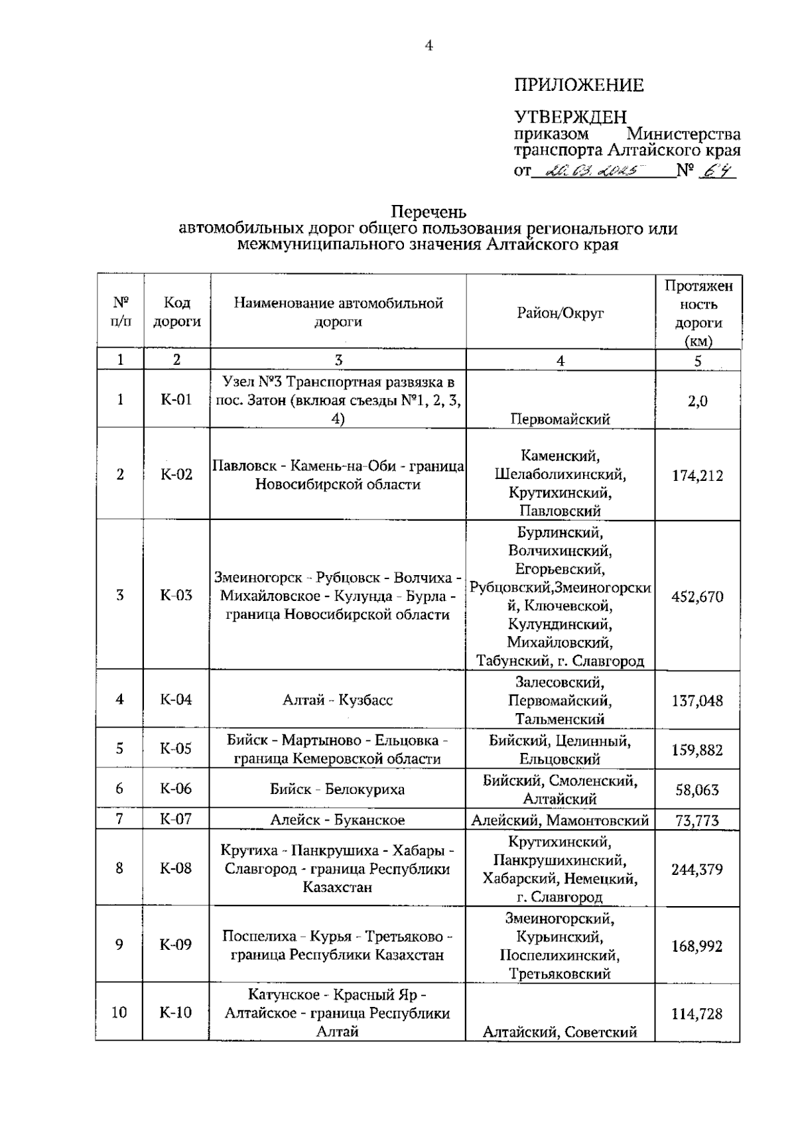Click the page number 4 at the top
pyautogui.click(x=429, y=46)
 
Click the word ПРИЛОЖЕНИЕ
pyautogui.click(x=578, y=85)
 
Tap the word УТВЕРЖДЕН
pyautogui.click(x=570, y=117)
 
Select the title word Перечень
pyautogui.click(x=429, y=212)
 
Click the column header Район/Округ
pyautogui.click(x=561, y=312)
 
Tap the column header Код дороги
pyautogui.click(x=176, y=312)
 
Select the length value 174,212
pyautogui.click(x=697, y=476)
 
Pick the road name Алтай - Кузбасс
pyautogui.click(x=338, y=700)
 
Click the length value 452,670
pyautogui.click(x=697, y=596)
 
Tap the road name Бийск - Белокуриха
pyautogui.click(x=337, y=789)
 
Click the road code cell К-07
pyautogui.click(x=176, y=819)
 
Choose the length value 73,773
pyautogui.click(x=697, y=821)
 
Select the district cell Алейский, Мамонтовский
pyautogui.click(x=560, y=821)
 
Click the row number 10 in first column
pyautogui.click(x=119, y=1012)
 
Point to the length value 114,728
pyautogui.click(x=697, y=1014)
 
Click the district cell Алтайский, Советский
pyautogui.click(x=560, y=1031)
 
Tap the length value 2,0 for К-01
pyautogui.click(x=697, y=401)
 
